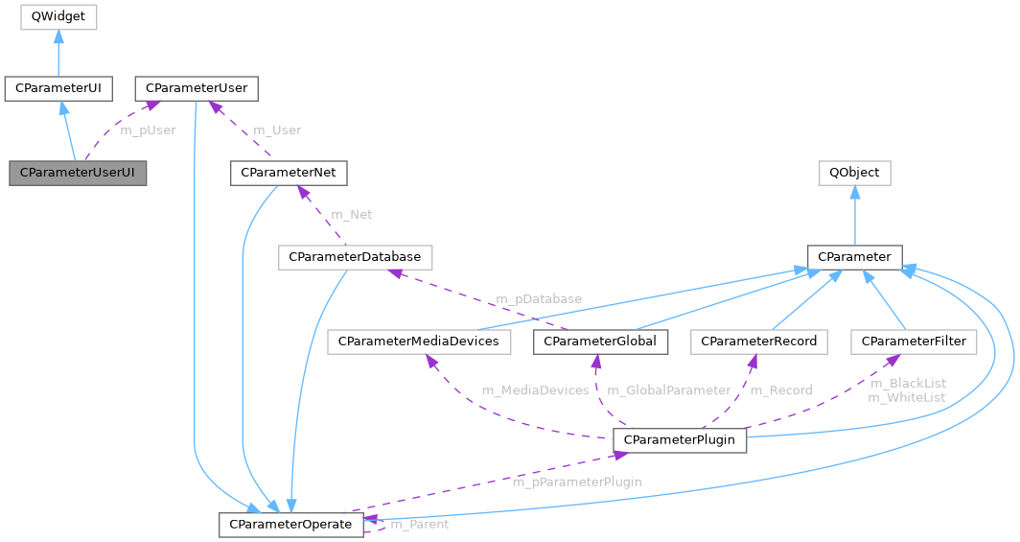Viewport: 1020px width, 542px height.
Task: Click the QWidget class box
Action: [58, 16]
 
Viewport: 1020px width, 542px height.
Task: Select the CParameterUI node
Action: [58, 89]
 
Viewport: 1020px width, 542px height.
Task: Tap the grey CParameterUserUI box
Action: [78, 174]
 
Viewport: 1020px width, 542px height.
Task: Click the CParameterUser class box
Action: [196, 89]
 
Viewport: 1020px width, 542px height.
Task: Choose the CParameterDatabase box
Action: [355, 257]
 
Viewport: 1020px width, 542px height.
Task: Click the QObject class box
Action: [854, 174]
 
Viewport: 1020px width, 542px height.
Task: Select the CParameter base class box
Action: [854, 257]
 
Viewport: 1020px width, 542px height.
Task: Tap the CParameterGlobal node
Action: [600, 342]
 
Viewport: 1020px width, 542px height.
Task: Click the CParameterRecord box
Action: [758, 342]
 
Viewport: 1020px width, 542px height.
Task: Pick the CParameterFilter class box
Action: [914, 342]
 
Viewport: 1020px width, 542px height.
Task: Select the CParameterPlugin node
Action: [680, 440]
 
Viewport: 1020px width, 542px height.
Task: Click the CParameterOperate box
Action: [291, 525]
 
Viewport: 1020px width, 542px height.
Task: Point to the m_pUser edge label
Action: [148, 130]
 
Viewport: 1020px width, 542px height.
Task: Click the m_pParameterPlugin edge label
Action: [576, 482]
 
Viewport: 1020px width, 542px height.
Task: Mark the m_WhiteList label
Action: [906, 397]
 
